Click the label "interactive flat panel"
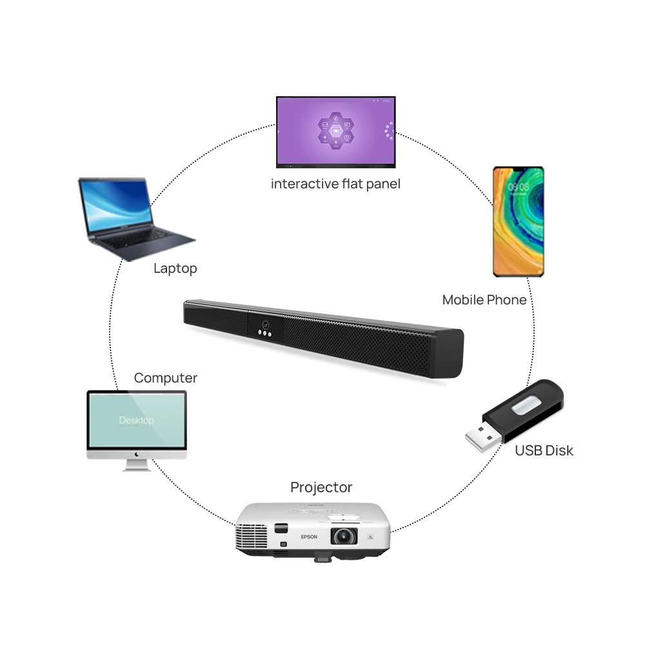coord(335,184)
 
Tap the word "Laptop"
coord(175,268)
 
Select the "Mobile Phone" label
coord(484,300)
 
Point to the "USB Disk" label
coord(544,450)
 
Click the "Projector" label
coord(321,487)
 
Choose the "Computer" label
coord(166,378)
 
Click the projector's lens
coord(344,535)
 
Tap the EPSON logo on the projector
coord(310,537)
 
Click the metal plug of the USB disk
coord(483,439)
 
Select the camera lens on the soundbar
coord(265,324)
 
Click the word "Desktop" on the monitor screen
coord(137,421)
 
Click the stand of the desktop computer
coord(137,464)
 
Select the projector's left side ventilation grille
coord(252,535)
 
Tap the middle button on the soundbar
coord(265,333)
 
